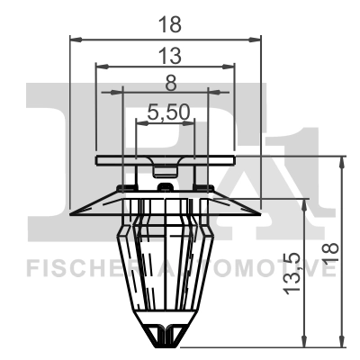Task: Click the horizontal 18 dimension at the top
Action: click(x=166, y=25)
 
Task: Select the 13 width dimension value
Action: click(x=166, y=55)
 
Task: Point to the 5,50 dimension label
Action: click(x=166, y=112)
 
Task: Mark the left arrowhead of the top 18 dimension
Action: click(x=75, y=39)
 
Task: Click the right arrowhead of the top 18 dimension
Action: click(x=256, y=39)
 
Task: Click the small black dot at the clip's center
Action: click(x=164, y=186)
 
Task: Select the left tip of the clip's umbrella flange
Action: click(x=74, y=213)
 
